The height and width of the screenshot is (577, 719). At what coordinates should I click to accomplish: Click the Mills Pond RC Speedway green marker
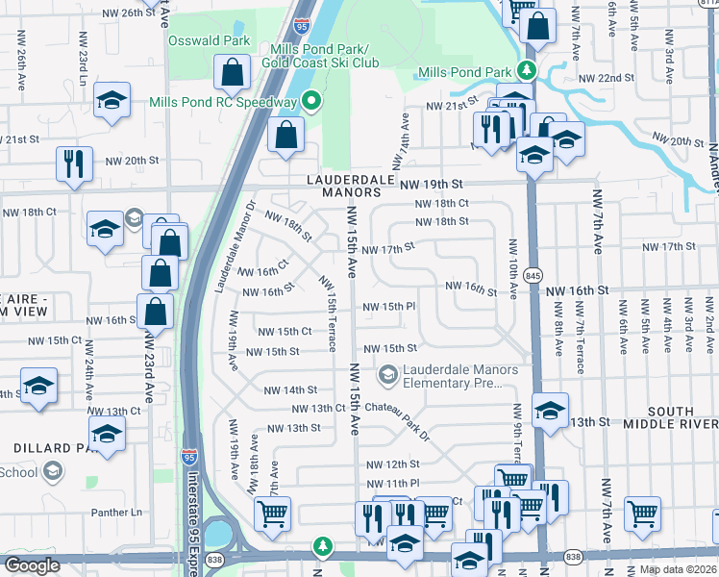coord(310,101)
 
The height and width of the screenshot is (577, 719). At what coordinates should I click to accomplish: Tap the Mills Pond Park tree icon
coord(526,71)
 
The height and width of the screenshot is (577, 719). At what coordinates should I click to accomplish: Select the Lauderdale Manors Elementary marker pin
coord(389,375)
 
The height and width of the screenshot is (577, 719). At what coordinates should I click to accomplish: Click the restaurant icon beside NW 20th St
coord(74,163)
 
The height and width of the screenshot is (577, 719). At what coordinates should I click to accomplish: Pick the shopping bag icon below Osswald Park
coord(233,71)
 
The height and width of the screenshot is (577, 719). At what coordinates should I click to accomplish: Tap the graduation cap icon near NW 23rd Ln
coord(112,99)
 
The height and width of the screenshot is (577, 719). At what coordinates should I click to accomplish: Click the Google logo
coord(32,565)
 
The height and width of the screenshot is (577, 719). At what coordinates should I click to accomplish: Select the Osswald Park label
coord(210,40)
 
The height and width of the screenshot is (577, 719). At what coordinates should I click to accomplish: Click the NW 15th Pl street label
coord(388,307)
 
